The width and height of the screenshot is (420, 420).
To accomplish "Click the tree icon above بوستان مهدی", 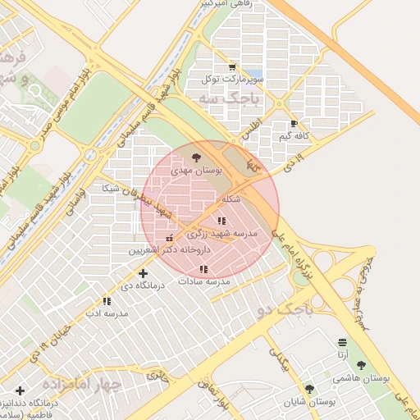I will click(196, 157).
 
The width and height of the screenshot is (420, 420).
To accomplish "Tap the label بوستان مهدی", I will click(197, 170).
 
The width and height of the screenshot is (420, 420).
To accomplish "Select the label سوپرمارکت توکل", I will click(235, 80).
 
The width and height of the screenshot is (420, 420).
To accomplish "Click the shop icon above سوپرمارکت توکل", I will click(232, 67).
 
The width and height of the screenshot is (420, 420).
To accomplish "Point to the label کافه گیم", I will click(294, 136).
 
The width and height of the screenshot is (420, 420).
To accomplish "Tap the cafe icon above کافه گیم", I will click(294, 124).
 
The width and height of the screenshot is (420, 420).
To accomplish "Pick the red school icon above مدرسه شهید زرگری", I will click(221, 221).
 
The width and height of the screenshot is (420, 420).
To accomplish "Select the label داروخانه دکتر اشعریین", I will click(169, 249).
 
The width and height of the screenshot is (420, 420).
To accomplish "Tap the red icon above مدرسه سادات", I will click(203, 269).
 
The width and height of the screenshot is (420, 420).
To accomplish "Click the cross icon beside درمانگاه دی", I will click(143, 273).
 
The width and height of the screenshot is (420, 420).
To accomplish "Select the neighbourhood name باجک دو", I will click(279, 310).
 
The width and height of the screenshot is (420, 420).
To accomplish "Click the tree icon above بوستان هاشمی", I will click(361, 366).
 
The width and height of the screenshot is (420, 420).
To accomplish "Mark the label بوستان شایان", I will click(313, 402).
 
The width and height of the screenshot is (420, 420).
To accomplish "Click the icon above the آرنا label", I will click(341, 342).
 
